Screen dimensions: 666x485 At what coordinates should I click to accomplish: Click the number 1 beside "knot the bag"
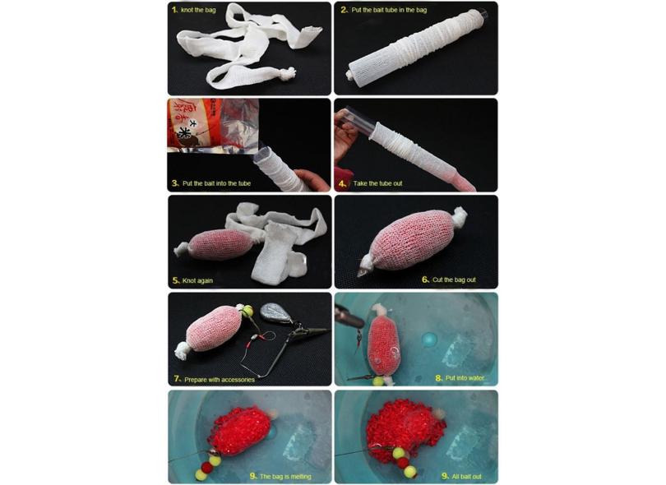click(174, 10)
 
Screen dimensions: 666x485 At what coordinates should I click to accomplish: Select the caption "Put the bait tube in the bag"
click(389, 10)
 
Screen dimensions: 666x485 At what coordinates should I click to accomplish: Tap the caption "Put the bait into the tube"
click(216, 183)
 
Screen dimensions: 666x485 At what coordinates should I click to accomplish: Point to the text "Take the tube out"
click(377, 183)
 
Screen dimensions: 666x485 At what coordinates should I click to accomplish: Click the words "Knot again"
click(197, 280)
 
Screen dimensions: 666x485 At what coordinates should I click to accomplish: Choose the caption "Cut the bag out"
click(454, 279)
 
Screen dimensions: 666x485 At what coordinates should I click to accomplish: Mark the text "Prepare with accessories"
click(220, 380)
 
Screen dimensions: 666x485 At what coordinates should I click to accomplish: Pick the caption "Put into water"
click(465, 378)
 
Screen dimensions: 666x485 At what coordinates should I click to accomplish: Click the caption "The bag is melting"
click(285, 477)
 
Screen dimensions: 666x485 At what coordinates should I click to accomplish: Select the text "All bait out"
click(466, 477)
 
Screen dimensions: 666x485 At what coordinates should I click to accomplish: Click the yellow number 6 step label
click(425, 279)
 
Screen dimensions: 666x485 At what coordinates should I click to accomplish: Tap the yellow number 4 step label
click(343, 183)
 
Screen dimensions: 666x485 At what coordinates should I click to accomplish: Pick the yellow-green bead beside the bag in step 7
click(247, 311)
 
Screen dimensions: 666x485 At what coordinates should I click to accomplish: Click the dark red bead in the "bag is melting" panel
click(207, 467)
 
